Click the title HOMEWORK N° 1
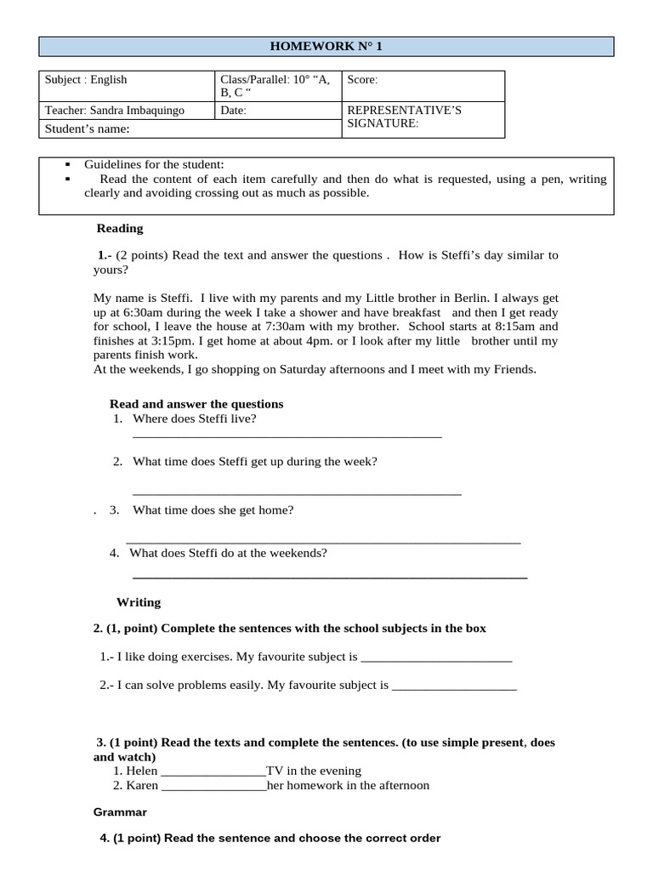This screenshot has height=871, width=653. tap(326, 46)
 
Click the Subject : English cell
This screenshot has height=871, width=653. tap(86, 80)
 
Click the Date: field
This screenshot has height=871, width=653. tap(234, 111)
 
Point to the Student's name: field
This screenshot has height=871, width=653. tap(88, 128)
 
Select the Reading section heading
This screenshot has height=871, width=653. tap(120, 228)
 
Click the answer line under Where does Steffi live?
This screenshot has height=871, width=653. tap(287, 435)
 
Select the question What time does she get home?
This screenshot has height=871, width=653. tap(213, 510)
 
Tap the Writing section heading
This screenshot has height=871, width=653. tap(139, 602)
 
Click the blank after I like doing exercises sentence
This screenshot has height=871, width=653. tap(437, 658)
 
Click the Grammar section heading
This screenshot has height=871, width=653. tap(120, 812)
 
